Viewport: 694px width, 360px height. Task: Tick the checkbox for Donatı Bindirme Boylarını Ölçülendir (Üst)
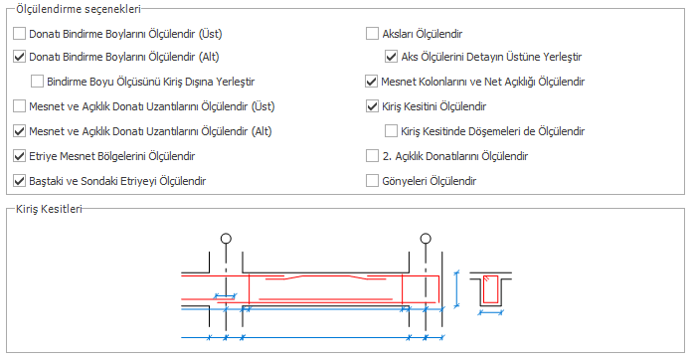tap(19, 34)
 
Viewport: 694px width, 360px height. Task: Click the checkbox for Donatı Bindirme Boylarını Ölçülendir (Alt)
tap(19, 57)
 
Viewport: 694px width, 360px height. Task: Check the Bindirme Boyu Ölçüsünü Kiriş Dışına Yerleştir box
tap(37, 82)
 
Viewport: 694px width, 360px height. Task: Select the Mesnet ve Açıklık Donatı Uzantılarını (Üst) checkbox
tap(19, 106)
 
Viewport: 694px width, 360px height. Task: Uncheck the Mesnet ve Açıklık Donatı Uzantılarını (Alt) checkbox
tap(19, 131)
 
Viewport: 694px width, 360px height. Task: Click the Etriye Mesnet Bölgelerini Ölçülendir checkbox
tap(19, 156)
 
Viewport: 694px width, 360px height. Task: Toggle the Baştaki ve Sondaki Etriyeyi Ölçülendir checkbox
tap(19, 181)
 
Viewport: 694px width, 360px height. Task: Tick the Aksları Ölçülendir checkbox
tap(372, 34)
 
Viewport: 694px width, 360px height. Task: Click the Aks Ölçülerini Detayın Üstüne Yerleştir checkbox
tap(392, 57)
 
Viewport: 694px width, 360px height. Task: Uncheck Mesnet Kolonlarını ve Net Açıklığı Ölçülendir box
tap(371, 82)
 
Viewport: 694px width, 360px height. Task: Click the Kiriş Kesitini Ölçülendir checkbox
tap(372, 106)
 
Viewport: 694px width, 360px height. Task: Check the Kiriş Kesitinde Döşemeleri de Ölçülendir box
tap(392, 131)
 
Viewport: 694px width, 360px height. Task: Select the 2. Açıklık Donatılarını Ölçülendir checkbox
tap(372, 156)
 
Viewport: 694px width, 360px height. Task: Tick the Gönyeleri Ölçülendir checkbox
tap(372, 181)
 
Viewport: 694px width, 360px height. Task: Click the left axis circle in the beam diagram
tap(226, 234)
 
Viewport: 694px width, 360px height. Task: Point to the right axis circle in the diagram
tap(426, 234)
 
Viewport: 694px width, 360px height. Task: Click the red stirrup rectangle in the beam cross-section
tap(483, 289)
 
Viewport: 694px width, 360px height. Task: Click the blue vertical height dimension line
tap(456, 289)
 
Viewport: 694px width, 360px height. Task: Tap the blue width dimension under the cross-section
tap(491, 312)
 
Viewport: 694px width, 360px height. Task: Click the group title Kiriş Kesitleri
tap(49, 209)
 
